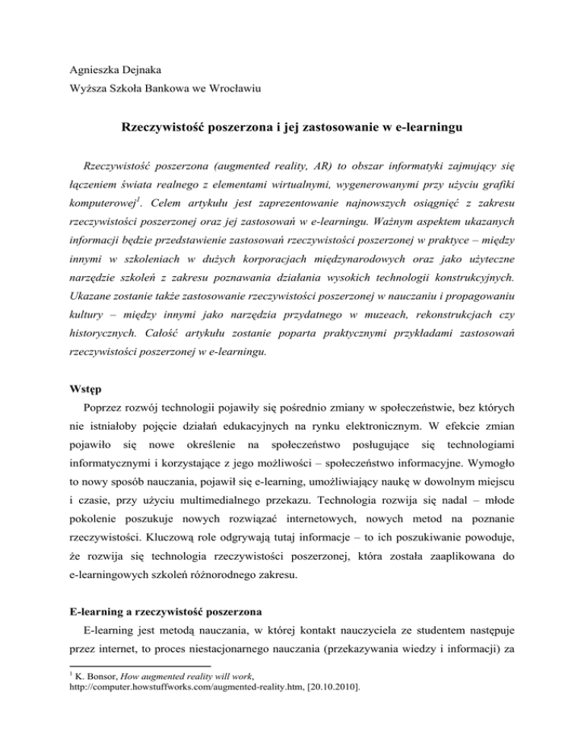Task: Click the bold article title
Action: tap(292, 129)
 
